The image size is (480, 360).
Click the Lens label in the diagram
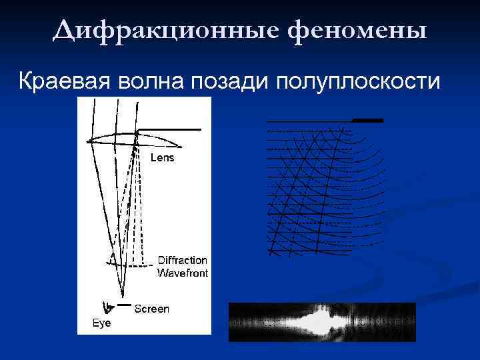click(x=162, y=158)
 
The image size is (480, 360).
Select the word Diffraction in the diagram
click(x=182, y=260)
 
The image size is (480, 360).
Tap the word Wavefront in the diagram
click(x=182, y=273)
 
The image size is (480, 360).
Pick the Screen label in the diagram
click(x=152, y=309)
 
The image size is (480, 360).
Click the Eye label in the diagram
click(x=102, y=323)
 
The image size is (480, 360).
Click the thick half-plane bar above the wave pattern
click(x=368, y=121)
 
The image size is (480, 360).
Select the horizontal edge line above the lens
click(x=168, y=129)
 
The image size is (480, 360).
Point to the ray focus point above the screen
click(x=123, y=295)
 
